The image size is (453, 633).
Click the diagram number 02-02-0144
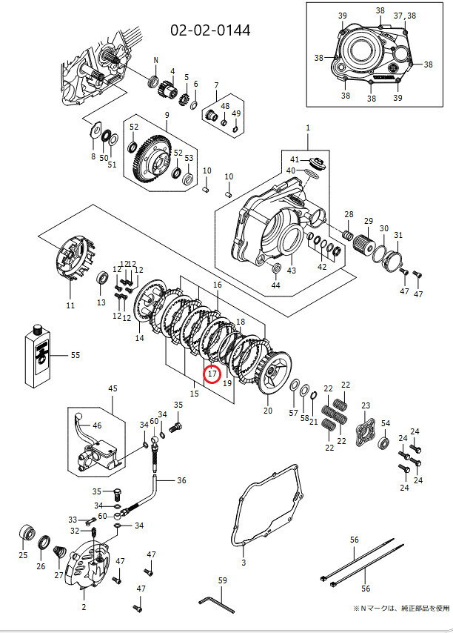point(210,30)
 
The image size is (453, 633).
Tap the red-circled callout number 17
point(212,374)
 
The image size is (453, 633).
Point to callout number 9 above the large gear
point(167,115)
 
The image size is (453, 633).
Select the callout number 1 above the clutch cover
point(307,129)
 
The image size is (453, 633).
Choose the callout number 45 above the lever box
point(113,388)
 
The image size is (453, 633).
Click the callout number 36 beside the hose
point(181,480)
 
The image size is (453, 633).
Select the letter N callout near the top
point(156,59)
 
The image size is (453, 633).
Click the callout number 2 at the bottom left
point(84,607)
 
